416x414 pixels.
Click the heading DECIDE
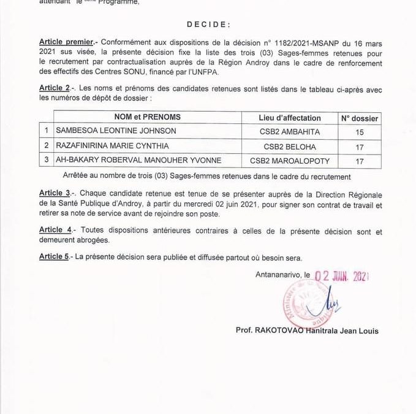[x=208, y=25]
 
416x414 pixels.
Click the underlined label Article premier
[x=66, y=42]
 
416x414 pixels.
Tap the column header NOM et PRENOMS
[x=148, y=117]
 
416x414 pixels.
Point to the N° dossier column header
[x=359, y=118]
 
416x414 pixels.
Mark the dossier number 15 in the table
[x=359, y=131]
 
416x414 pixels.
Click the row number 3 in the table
[x=45, y=161]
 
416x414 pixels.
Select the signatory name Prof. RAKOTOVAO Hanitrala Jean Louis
[x=307, y=331]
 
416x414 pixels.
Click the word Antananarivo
[x=279, y=275]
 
